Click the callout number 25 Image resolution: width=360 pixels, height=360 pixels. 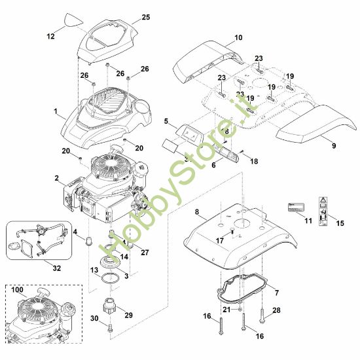coord(145,16)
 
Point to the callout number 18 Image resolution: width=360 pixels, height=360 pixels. coord(254,160)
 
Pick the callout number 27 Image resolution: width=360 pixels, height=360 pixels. coord(145,252)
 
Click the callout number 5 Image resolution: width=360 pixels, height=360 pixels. coord(167,121)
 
